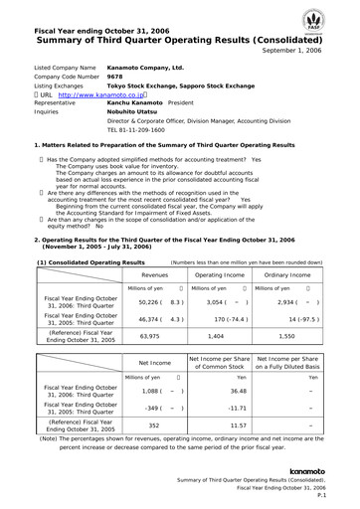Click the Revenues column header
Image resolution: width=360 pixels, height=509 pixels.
tap(154, 243)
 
